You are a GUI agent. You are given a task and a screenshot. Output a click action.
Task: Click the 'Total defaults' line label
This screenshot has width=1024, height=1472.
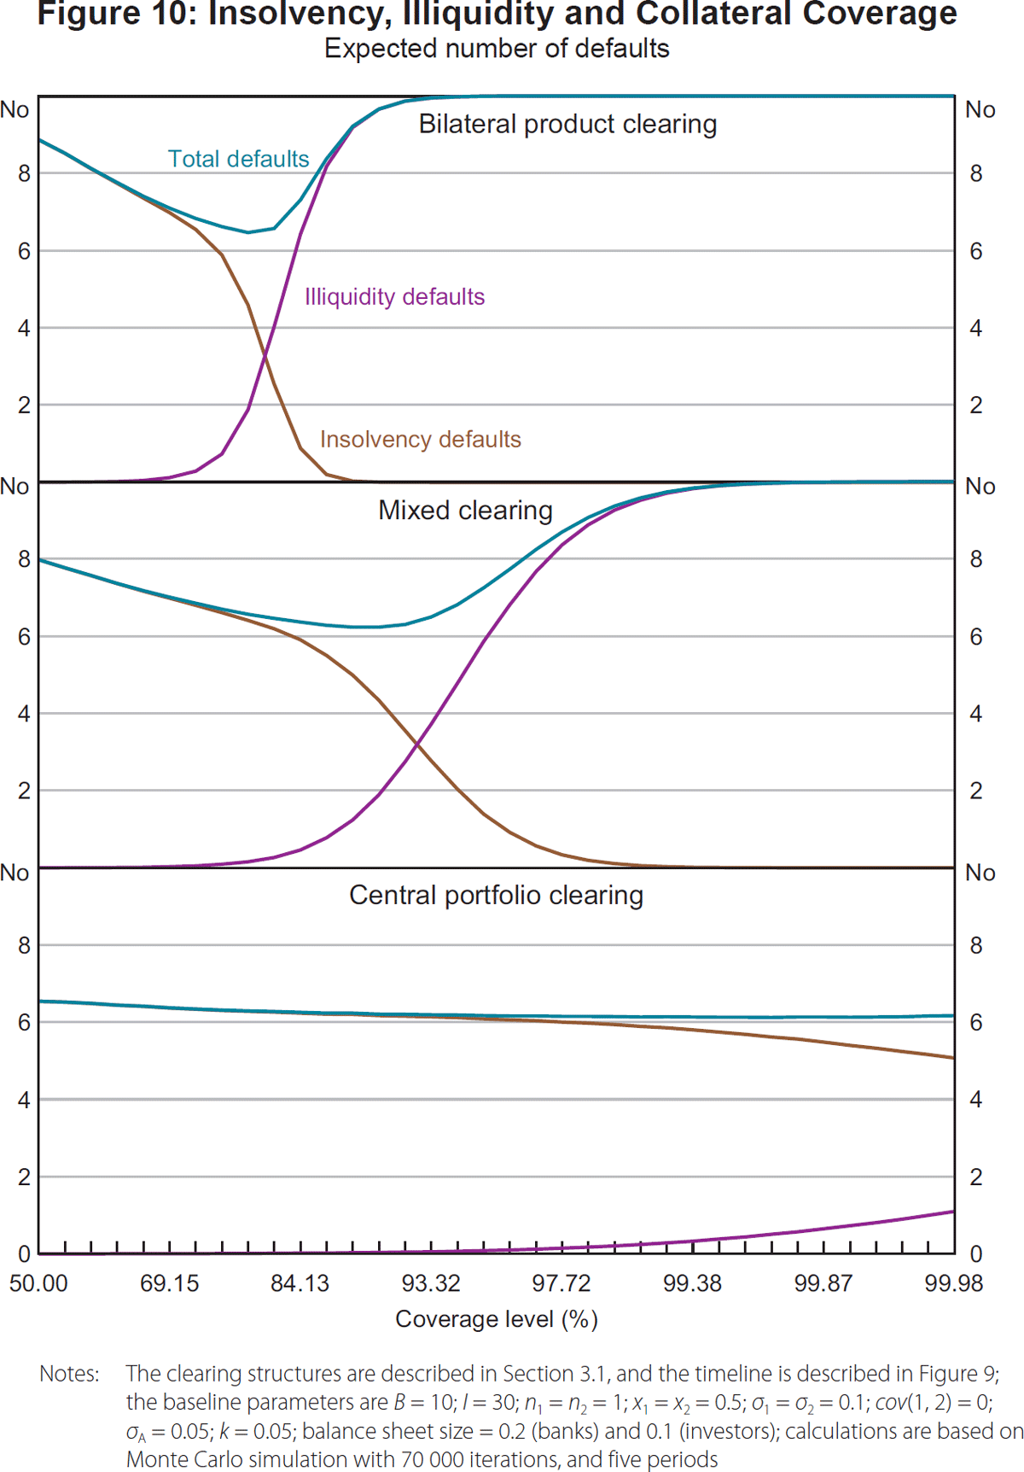coord(238,159)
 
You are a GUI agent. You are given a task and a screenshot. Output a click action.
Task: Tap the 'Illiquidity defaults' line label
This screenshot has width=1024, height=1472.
coord(394,296)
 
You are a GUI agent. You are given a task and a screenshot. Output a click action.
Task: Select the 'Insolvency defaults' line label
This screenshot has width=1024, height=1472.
coord(420,439)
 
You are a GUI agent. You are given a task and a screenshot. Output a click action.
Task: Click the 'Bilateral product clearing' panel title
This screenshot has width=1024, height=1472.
coord(567,124)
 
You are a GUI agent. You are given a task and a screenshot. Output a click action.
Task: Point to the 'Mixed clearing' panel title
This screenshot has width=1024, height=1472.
coord(465,510)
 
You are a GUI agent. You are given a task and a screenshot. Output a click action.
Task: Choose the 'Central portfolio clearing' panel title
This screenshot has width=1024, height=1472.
coord(496,895)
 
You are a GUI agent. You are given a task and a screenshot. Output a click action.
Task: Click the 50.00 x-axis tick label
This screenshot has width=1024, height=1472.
coord(38,1283)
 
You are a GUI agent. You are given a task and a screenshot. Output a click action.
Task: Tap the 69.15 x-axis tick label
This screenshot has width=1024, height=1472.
coord(169,1283)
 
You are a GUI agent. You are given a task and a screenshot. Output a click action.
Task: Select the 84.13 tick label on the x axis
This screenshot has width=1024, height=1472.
coord(300,1283)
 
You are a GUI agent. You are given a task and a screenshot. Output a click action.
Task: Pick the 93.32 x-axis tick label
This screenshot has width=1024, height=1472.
coord(431,1283)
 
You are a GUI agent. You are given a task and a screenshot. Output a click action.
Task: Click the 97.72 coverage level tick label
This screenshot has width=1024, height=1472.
coord(561,1283)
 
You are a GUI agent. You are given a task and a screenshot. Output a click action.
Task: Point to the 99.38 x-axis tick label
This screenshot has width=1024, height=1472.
coord(692,1283)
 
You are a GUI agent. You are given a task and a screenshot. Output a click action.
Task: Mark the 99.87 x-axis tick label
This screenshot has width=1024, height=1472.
coord(823,1283)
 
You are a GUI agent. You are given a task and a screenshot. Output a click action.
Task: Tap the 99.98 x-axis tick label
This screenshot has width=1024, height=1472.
coord(954,1283)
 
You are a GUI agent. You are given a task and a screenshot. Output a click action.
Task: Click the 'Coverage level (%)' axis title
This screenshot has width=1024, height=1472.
coord(497,1319)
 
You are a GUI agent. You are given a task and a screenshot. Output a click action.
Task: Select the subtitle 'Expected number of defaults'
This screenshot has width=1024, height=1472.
coord(497,49)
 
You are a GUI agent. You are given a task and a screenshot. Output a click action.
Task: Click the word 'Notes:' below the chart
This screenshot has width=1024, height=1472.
coord(69,1374)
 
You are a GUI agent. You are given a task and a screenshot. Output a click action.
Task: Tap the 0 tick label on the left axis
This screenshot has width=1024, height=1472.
coord(24,1254)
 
